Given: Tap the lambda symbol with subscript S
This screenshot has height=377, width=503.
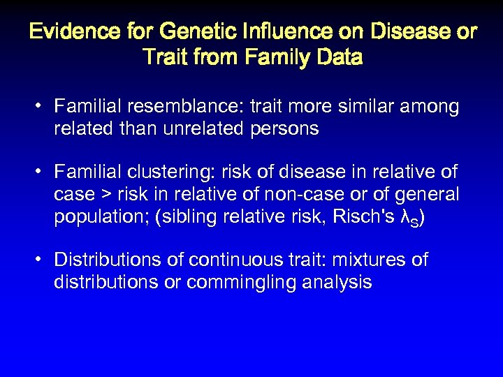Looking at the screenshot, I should (407, 218).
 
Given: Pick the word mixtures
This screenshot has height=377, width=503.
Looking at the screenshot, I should (370, 260).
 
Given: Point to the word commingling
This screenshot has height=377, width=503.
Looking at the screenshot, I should (247, 282).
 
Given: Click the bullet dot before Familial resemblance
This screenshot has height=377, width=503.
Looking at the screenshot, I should (42, 107).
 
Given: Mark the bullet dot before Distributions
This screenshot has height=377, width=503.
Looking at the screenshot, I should (42, 260).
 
